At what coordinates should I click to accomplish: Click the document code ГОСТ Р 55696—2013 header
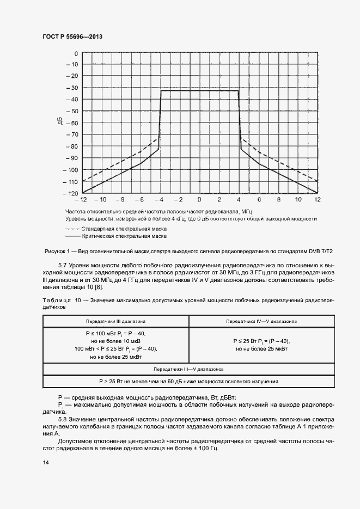tap(72, 37)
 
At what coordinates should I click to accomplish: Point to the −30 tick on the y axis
tap(72, 88)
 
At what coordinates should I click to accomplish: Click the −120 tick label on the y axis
tap(70, 193)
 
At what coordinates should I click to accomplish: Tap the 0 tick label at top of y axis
tap(76, 53)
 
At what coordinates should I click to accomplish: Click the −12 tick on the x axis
tap(82, 200)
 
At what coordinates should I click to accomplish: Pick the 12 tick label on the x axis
tap(317, 200)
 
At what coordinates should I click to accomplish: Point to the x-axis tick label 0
tap(199, 200)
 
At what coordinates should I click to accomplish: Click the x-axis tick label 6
tap(259, 200)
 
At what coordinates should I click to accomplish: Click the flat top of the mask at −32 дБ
tap(199, 90)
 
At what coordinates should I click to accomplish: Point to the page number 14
tap(46, 463)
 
